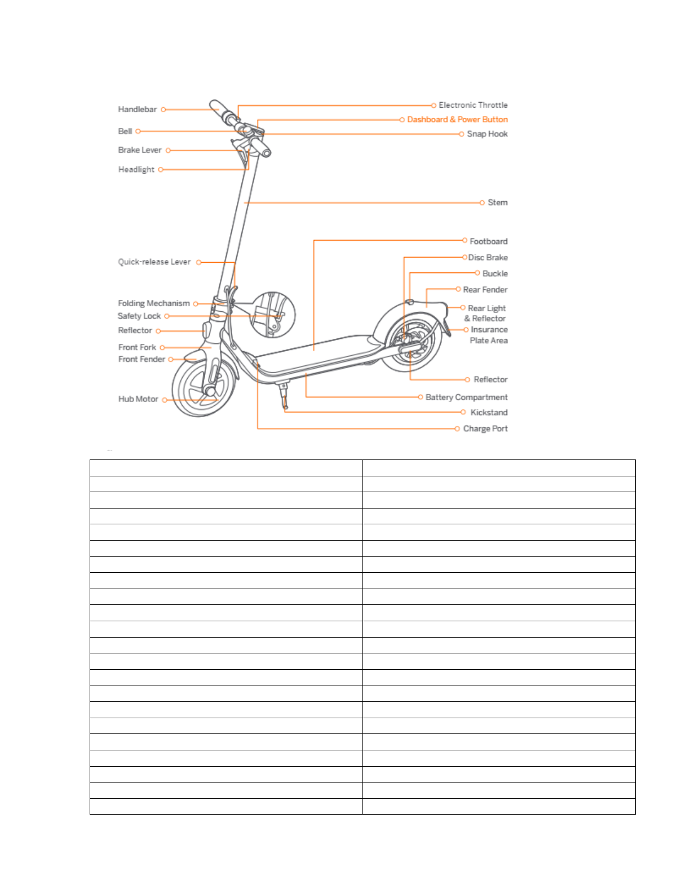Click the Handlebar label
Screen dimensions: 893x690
[x=137, y=109]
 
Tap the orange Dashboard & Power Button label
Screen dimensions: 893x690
[x=457, y=120]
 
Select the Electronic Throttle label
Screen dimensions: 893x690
[x=473, y=105]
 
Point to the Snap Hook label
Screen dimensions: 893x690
[x=487, y=134]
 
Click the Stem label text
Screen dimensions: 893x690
[x=497, y=202]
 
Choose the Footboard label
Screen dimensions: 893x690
[x=488, y=241]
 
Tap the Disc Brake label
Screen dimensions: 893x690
[x=488, y=258]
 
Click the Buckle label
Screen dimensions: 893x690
[x=495, y=273]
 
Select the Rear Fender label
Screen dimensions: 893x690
[x=485, y=290]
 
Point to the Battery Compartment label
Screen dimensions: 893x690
[x=466, y=397]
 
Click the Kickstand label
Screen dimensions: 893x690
[x=489, y=413]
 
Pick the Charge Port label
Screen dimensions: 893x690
[x=485, y=429]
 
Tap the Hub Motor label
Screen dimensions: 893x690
[x=138, y=399]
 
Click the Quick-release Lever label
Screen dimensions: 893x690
[x=154, y=262]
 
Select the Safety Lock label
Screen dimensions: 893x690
[x=139, y=316]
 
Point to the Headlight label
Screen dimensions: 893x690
[x=136, y=170]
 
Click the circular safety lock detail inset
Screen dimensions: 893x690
[x=272, y=315]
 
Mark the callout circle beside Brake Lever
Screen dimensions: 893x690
[x=168, y=151]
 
